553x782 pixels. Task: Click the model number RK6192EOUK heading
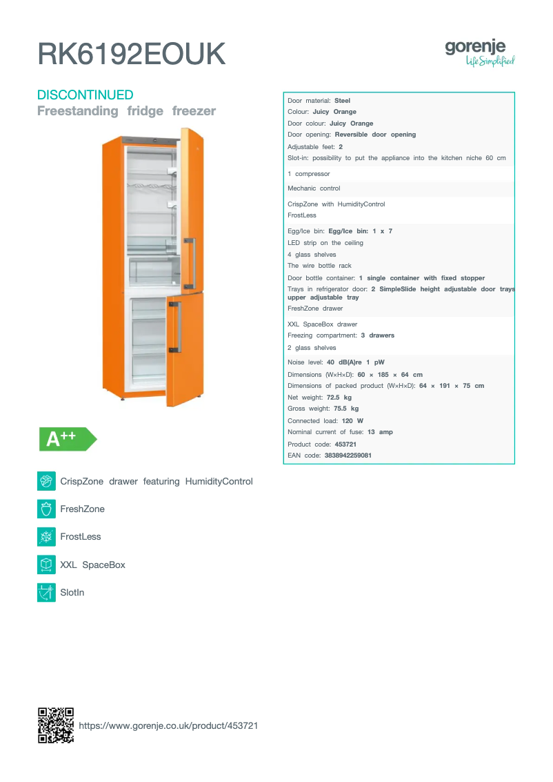pyautogui.click(x=131, y=54)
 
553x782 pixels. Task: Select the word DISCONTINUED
pyautogui.click(x=85, y=95)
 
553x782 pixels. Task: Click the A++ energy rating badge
pyautogui.click(x=67, y=439)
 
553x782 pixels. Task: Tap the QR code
pyautogui.click(x=56, y=725)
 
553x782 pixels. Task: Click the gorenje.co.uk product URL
pyautogui.click(x=168, y=725)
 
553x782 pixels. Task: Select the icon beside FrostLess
pyautogui.click(x=46, y=536)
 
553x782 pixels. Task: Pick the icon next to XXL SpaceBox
pyautogui.click(x=46, y=565)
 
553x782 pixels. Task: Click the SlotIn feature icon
pyautogui.click(x=46, y=592)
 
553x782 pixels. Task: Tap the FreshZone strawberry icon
pyautogui.click(x=46, y=509)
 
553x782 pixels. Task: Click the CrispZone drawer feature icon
pyautogui.click(x=46, y=481)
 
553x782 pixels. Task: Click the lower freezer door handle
pyautogui.click(x=178, y=326)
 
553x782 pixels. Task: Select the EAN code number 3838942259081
pyautogui.click(x=348, y=456)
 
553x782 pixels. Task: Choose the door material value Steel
pyautogui.click(x=343, y=101)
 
